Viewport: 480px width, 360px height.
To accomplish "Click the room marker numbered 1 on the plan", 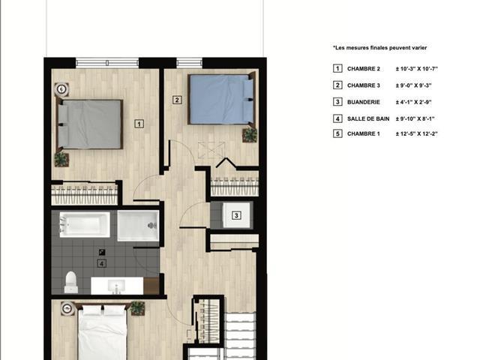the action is tap(139, 124).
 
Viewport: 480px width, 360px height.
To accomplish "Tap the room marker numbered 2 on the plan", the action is tap(177, 100).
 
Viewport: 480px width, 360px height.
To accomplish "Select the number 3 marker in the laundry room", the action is tap(236, 215).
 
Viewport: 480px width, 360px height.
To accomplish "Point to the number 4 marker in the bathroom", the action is tap(102, 263).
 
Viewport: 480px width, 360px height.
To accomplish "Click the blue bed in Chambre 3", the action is tap(221, 99).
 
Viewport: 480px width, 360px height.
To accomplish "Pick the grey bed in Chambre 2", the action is tap(90, 124).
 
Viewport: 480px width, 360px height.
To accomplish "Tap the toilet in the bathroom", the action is tap(71, 282).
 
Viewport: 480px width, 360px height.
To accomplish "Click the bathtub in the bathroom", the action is tap(85, 224).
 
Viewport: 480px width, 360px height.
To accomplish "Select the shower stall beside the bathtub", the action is tap(138, 225).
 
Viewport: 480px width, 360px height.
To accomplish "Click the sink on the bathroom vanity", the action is tap(116, 286).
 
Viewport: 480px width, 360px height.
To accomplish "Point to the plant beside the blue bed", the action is tap(250, 135).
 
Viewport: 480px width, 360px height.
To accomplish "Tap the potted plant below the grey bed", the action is tap(61, 160).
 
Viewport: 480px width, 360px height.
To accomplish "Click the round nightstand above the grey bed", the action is tap(61, 89).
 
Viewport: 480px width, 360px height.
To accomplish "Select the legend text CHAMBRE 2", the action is tap(363, 69).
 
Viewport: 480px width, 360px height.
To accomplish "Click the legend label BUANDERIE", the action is tap(363, 102).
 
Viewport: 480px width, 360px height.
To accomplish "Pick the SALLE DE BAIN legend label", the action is tap(368, 118).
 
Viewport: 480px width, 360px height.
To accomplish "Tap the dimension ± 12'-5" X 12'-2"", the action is tap(417, 133).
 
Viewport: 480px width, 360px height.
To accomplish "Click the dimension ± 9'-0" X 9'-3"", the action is tap(413, 85).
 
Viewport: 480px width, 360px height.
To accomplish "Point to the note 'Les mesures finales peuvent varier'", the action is tap(380, 48).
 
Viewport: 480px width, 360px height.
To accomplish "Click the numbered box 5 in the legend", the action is tap(337, 133).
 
